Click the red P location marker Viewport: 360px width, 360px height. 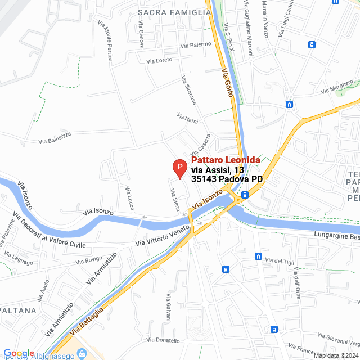tap(179, 168)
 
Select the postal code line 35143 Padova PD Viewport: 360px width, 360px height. tap(227, 179)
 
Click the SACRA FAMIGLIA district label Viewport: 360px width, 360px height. tap(174, 11)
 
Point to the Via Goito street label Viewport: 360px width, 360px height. tap(227, 82)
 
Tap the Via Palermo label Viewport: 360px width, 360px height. tap(195, 45)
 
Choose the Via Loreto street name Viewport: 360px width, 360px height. tap(159, 60)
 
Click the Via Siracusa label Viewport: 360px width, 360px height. tap(189, 90)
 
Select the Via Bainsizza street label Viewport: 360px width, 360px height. tap(57, 137)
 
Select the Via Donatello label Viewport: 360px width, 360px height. tap(163, 340)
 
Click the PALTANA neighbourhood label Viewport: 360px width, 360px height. tap(18, 310)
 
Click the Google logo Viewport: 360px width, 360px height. tap(19, 353)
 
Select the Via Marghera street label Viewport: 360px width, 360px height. tap(337, 87)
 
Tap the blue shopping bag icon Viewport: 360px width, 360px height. tap(82, 354)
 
